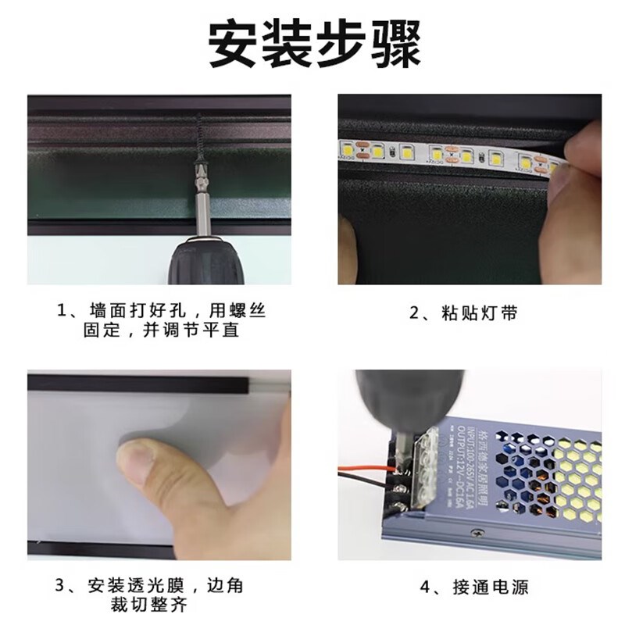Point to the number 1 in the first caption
coord(63,312)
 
